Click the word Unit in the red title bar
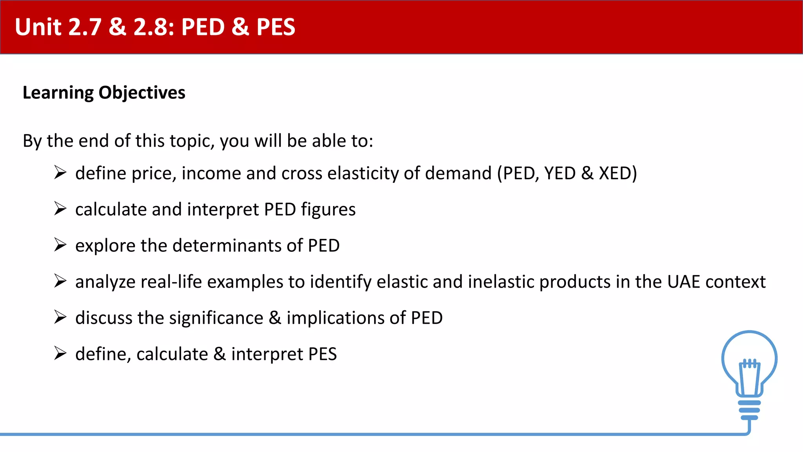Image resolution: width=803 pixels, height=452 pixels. [x=38, y=27]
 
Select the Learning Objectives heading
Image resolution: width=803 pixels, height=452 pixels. [x=104, y=93]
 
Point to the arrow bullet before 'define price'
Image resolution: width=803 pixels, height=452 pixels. [x=60, y=173]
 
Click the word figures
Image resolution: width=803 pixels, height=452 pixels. [x=328, y=210]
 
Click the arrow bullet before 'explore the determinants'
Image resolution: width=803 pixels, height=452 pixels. [x=60, y=245]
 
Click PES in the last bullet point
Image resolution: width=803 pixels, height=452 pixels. [x=322, y=354]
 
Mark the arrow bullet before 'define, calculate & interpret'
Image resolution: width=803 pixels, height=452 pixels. [x=60, y=353]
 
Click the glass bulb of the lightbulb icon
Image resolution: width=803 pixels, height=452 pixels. [x=749, y=351]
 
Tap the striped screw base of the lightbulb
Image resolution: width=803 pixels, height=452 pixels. [x=749, y=410]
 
